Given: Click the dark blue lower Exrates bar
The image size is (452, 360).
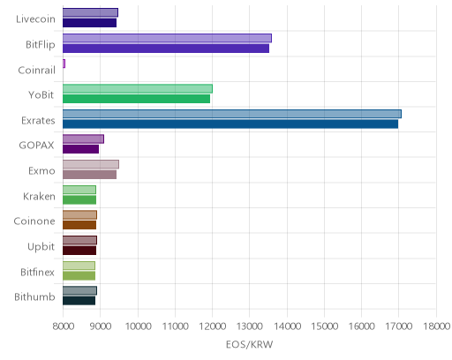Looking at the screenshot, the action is click(230, 124).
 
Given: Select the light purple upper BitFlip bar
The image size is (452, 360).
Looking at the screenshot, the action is click(167, 38).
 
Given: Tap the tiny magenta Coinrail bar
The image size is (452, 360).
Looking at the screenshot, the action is click(64, 64).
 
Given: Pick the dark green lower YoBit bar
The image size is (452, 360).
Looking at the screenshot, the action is click(136, 99).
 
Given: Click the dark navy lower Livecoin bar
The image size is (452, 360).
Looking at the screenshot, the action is click(89, 23).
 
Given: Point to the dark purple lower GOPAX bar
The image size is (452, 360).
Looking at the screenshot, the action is click(80, 149).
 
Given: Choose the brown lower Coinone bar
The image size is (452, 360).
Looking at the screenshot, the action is click(79, 225).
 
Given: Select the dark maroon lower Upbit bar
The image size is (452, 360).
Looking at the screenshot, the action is click(79, 251).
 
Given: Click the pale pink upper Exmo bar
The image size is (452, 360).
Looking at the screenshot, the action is click(91, 164).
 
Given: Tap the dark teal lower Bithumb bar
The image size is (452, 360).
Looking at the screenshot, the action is click(79, 301).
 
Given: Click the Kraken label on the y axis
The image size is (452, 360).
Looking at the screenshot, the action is click(39, 196).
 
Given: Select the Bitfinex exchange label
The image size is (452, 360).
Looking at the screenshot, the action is click(37, 272).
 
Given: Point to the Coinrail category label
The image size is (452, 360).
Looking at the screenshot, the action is click(36, 70).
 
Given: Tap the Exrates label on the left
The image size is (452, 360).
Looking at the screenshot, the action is click(38, 121).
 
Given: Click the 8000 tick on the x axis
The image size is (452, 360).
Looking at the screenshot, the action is click(64, 326).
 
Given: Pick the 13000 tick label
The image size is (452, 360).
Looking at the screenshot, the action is click(250, 326).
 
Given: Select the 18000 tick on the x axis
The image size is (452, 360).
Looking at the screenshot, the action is click(437, 326).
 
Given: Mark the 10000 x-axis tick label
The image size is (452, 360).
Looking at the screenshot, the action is click(138, 326).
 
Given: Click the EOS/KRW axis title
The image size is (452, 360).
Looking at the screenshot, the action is click(250, 344).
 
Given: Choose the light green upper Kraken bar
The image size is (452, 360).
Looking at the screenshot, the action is click(79, 190).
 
